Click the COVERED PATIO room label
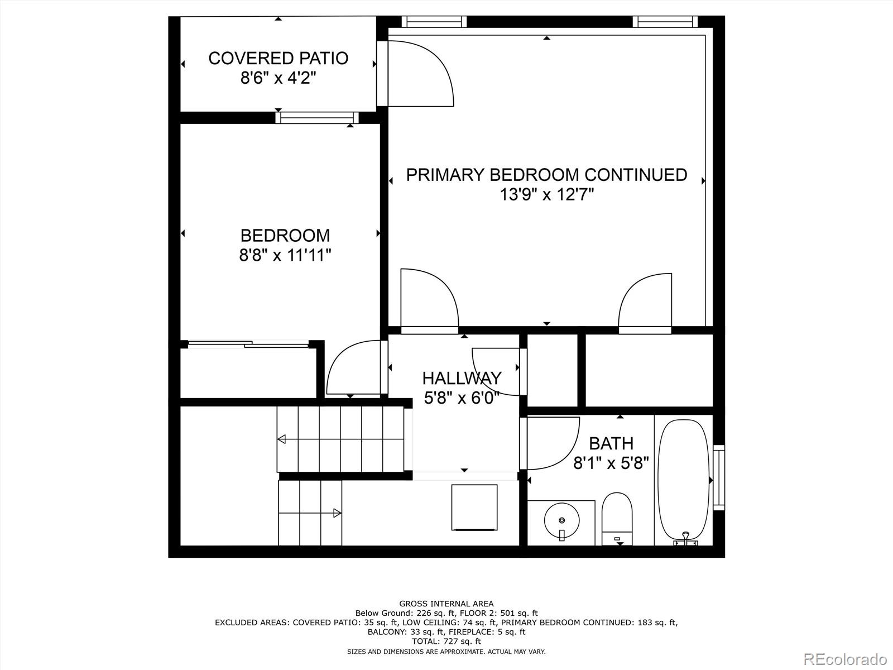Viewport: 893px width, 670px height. tap(278, 58)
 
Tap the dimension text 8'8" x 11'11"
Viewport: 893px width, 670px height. tap(285, 256)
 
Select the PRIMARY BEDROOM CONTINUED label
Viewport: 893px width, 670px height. tap(546, 175)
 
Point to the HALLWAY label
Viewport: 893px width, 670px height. tap(462, 378)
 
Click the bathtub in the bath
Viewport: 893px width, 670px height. tap(684, 481)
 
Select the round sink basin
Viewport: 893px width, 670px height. tap(561, 520)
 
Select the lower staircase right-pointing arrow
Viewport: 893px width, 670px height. tap(337, 513)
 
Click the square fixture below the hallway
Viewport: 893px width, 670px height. tap(474, 507)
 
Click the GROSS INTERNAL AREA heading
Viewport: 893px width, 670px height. tap(446, 604)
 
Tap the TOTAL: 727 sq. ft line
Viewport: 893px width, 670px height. tap(446, 642)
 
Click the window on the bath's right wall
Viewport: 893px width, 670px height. tap(719, 477)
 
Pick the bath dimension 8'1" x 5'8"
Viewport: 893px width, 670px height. tap(611, 463)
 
